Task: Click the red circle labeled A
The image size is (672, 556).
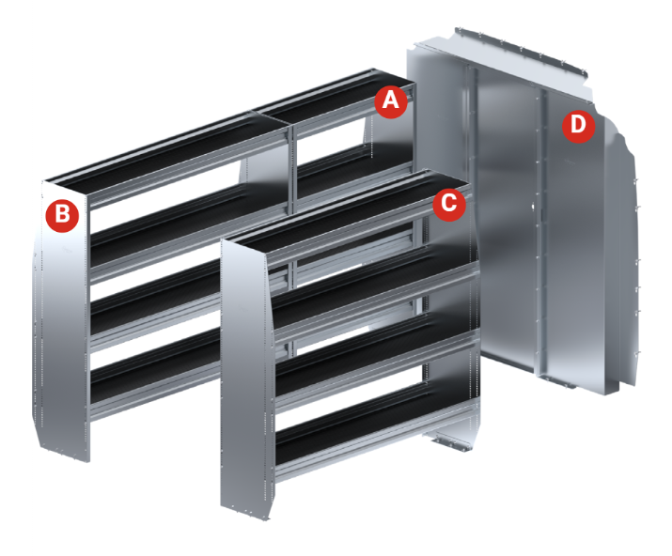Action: click(390, 100)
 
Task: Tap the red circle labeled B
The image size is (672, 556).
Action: click(62, 214)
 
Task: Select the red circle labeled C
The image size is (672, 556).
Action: click(448, 203)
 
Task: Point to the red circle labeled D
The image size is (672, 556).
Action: click(578, 126)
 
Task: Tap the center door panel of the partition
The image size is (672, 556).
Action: click(506, 223)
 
